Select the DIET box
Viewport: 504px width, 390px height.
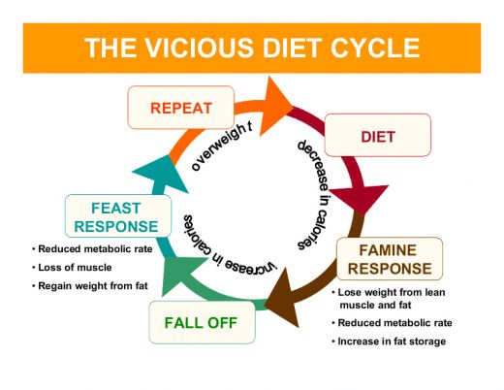(376, 135)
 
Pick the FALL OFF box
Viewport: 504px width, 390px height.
(200, 322)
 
